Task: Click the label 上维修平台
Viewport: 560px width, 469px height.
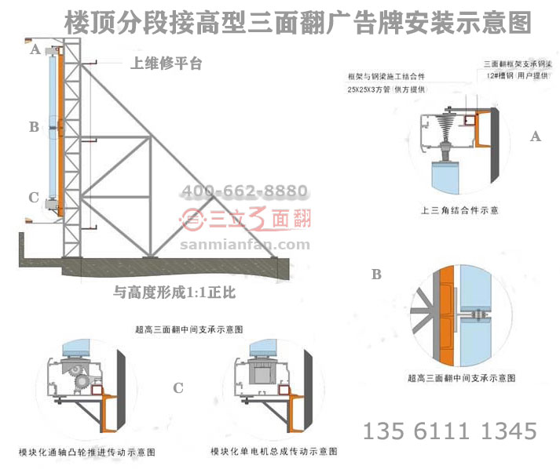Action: (166, 64)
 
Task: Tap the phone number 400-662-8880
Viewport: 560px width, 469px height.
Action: (244, 191)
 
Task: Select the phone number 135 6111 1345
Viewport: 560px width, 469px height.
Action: (449, 431)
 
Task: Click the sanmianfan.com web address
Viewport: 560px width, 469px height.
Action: (245, 244)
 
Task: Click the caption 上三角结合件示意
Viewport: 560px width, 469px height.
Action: (460, 210)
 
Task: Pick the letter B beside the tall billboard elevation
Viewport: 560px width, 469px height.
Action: (34, 125)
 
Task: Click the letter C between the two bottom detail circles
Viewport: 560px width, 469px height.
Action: (178, 387)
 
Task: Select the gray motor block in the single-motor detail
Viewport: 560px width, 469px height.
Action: (260, 376)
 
